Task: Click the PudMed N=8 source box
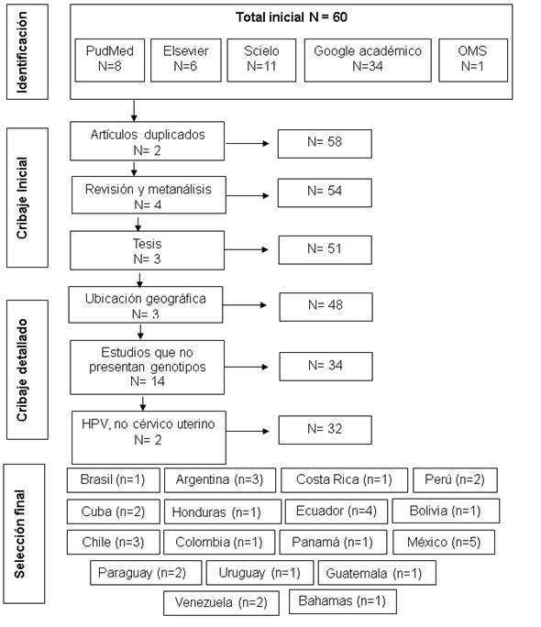[109, 60]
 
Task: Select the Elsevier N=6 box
[185, 60]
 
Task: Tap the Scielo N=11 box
[261, 60]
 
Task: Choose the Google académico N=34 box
[368, 60]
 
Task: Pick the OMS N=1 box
[473, 60]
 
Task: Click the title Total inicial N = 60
[291, 17]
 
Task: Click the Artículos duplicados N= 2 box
[147, 141]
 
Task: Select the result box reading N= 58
[325, 144]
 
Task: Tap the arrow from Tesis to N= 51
[246, 249]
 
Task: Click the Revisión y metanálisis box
[149, 194]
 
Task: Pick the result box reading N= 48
[326, 307]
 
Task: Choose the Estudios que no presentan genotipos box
[147, 367]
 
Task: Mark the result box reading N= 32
[326, 430]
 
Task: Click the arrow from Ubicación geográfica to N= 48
[245, 305]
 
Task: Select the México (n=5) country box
[444, 542]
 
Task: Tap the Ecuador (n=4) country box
[337, 511]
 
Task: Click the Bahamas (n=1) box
[343, 601]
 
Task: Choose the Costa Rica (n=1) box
[344, 479]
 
